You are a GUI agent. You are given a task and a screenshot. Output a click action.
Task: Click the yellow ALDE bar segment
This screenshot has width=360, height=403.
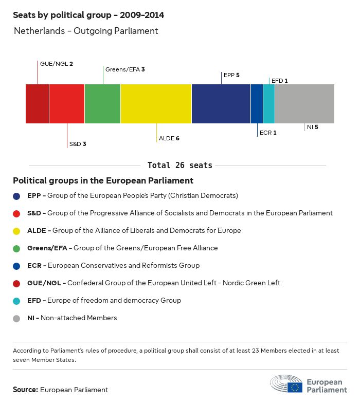pos(156,104)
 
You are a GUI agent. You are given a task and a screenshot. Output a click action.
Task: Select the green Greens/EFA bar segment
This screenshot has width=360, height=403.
pos(102,104)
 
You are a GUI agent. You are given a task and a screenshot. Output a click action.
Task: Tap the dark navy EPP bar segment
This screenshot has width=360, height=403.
pos(221,104)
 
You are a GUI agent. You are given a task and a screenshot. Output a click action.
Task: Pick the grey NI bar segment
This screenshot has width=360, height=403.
pos(304,104)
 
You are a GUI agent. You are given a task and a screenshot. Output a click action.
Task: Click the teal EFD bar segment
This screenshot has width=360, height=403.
pos(268,104)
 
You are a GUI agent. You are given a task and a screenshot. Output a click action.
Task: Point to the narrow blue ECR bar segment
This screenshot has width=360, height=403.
pos(257,104)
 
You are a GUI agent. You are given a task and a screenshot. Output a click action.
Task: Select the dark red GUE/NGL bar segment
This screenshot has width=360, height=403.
pos(37,104)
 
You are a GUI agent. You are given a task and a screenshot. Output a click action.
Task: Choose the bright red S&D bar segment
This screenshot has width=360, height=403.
pos(67,104)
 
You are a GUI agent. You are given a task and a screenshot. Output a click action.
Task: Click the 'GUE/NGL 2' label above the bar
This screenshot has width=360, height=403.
pos(57,64)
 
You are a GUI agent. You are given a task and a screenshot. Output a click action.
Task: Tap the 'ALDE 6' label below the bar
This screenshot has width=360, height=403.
pos(169,138)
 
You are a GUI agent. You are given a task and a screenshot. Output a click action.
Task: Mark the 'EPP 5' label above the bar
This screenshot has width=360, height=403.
pos(231,75)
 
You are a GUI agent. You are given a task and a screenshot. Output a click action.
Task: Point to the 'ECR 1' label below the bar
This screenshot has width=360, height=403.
pos(268,133)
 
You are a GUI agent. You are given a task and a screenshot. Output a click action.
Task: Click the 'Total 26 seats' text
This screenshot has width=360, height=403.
pos(179,166)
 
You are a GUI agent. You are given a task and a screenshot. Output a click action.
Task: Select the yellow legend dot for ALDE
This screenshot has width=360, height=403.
pos(17,231)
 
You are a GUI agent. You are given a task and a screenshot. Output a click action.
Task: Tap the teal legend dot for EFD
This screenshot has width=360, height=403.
pos(17,301)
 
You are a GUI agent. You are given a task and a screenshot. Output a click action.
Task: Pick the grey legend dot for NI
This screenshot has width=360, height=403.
pos(17,318)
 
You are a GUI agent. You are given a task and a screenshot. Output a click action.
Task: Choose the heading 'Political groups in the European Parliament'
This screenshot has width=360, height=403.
pos(103,181)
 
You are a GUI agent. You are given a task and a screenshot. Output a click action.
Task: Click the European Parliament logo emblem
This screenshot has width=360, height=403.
pos(286,384)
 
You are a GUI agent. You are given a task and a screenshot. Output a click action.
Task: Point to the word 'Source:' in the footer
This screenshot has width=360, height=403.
pos(25,390)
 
